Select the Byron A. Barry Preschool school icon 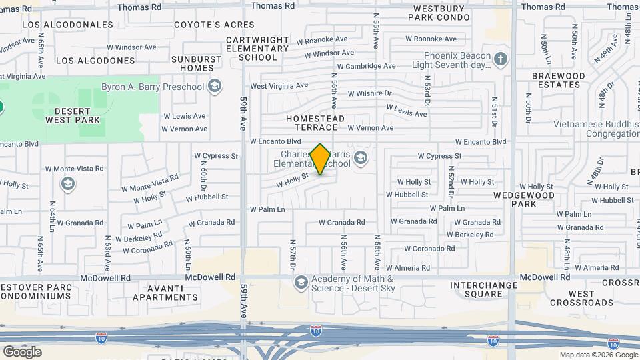tap(215, 86)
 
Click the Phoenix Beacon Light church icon tap(501, 60)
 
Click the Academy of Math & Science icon tap(301, 283)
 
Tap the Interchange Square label tap(485, 289)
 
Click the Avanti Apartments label tap(165, 293)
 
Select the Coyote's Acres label tap(205, 25)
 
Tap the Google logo tap(22, 351)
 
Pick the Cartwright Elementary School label tap(257, 49)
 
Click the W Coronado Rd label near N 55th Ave tap(430, 248)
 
